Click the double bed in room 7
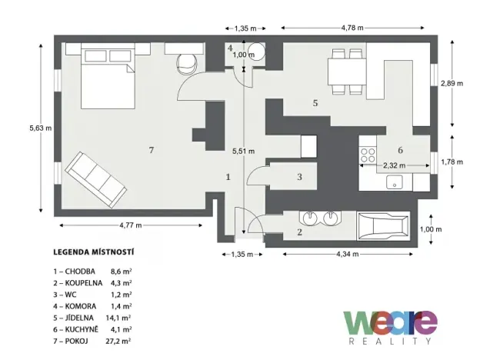point(105,77)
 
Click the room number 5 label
point(315,102)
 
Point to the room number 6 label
point(400,149)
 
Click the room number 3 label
point(300,177)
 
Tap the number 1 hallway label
point(228,176)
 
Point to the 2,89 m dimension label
point(452,84)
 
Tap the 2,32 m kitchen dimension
point(395,164)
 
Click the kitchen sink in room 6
point(395,183)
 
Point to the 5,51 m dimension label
point(243,152)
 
